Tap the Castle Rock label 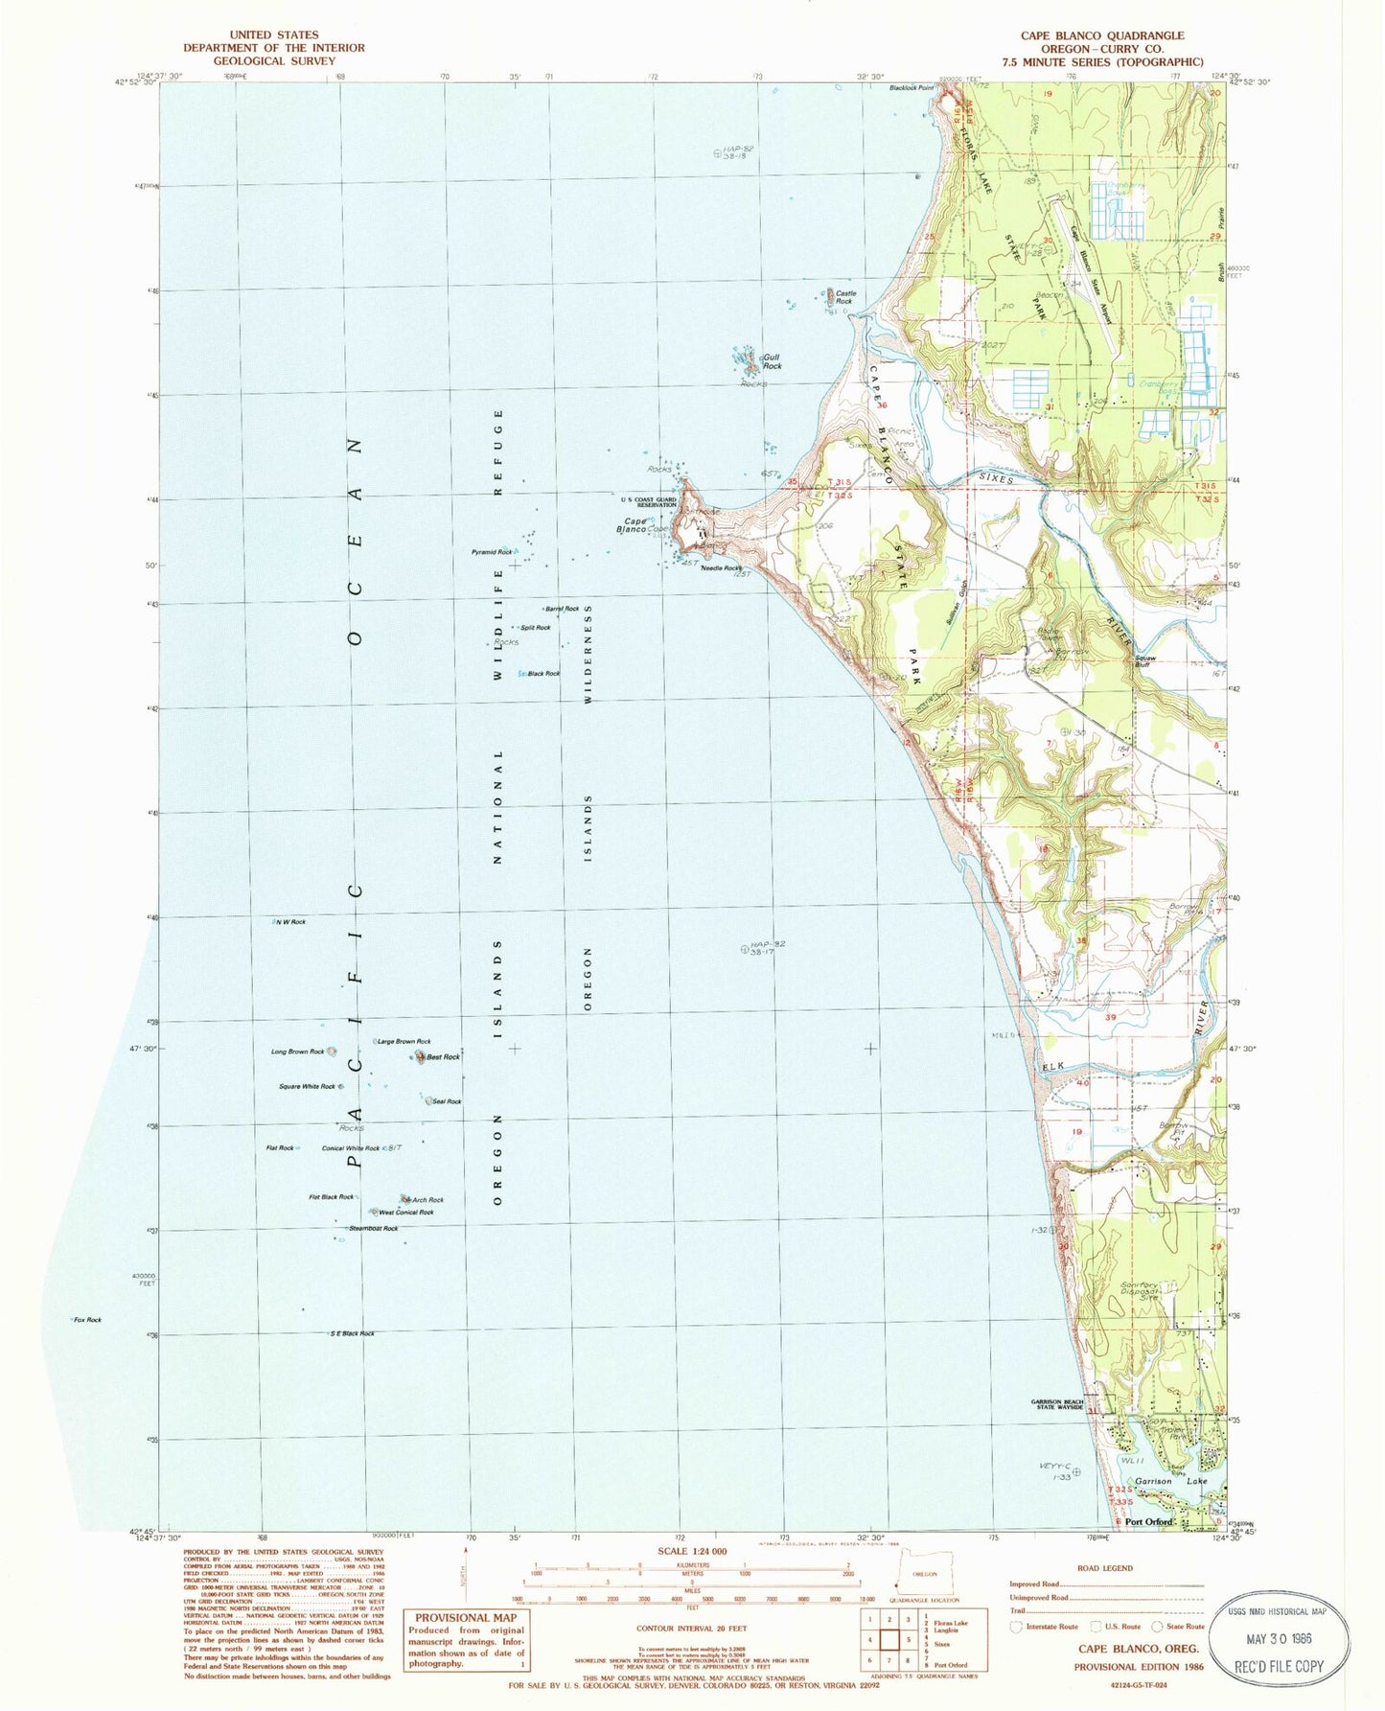[844, 297]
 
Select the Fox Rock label [87, 1320]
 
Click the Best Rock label [444, 1057]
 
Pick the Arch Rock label [427, 1200]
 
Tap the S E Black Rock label [353, 1333]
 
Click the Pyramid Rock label [491, 552]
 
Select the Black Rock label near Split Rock [543, 674]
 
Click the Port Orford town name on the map [1149, 1521]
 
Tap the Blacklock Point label [911, 88]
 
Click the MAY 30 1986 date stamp [1279, 1638]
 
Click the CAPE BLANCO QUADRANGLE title [1101, 35]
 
